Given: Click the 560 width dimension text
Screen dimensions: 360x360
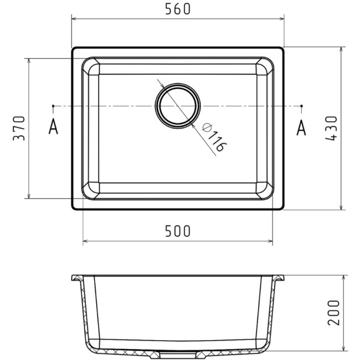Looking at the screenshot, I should (x=177, y=9).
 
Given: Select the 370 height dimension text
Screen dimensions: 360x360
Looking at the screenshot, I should (x=18, y=128).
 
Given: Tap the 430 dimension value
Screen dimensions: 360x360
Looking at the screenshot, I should (x=331, y=128).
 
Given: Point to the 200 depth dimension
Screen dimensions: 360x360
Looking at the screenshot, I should (x=332, y=312).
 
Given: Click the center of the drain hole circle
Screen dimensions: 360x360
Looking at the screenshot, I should (x=177, y=105).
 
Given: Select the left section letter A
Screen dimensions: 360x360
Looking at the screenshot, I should (x=53, y=127).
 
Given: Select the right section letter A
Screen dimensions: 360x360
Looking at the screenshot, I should (x=301, y=127).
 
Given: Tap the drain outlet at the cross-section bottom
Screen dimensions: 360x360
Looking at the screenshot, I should (x=177, y=352).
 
